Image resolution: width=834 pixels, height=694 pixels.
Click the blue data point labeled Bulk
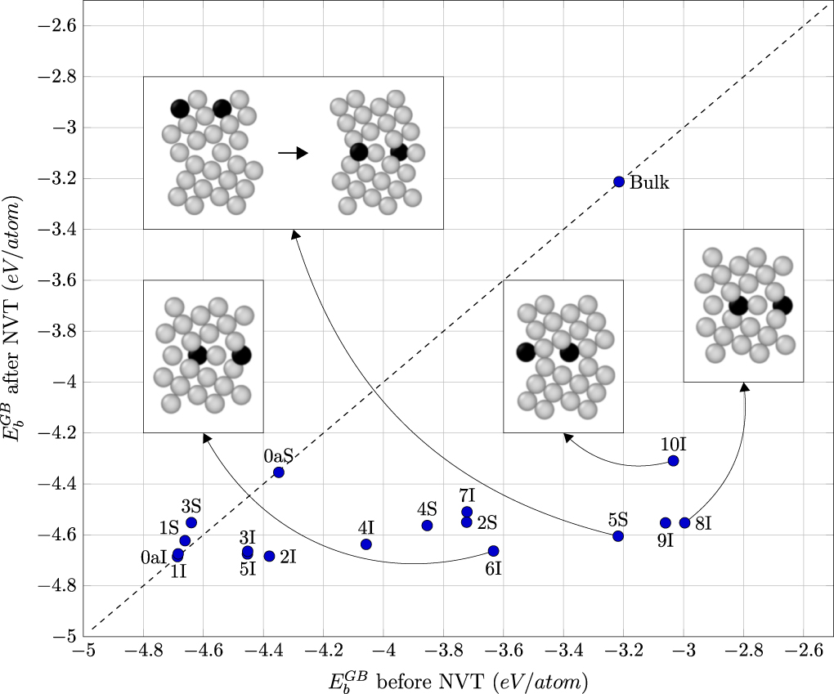tap(618, 181)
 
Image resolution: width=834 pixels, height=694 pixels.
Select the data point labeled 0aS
tap(279, 472)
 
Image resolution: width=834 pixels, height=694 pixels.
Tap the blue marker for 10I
tap(673, 461)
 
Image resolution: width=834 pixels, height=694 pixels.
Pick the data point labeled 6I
tap(493, 551)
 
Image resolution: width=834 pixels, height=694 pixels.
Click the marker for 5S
tap(618, 536)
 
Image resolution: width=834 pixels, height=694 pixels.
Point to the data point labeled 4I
tap(365, 544)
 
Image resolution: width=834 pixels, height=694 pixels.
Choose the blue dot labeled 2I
tap(269, 557)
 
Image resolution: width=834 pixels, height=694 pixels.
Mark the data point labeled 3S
tap(191, 522)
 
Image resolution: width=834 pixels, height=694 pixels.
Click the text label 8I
tap(703, 523)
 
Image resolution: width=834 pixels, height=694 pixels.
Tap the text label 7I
tap(467, 495)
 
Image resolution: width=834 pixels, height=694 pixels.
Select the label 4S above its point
tap(427, 509)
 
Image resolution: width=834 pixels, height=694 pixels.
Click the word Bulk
tap(649, 183)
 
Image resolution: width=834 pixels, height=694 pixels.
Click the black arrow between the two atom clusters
tap(293, 153)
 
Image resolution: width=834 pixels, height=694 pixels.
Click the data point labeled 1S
tap(185, 540)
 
